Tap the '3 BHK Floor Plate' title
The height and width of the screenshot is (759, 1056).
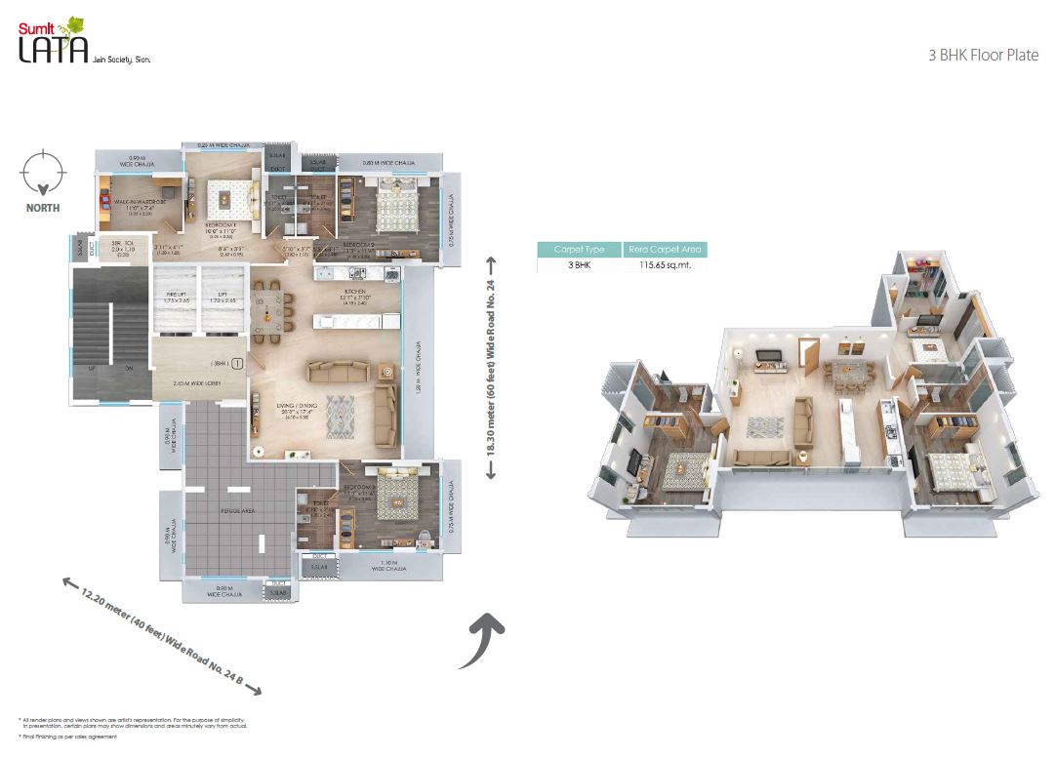[984, 56]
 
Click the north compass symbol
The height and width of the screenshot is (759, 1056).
[42, 172]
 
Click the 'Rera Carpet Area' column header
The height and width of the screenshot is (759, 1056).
[663, 250]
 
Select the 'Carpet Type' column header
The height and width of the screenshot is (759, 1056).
[579, 250]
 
